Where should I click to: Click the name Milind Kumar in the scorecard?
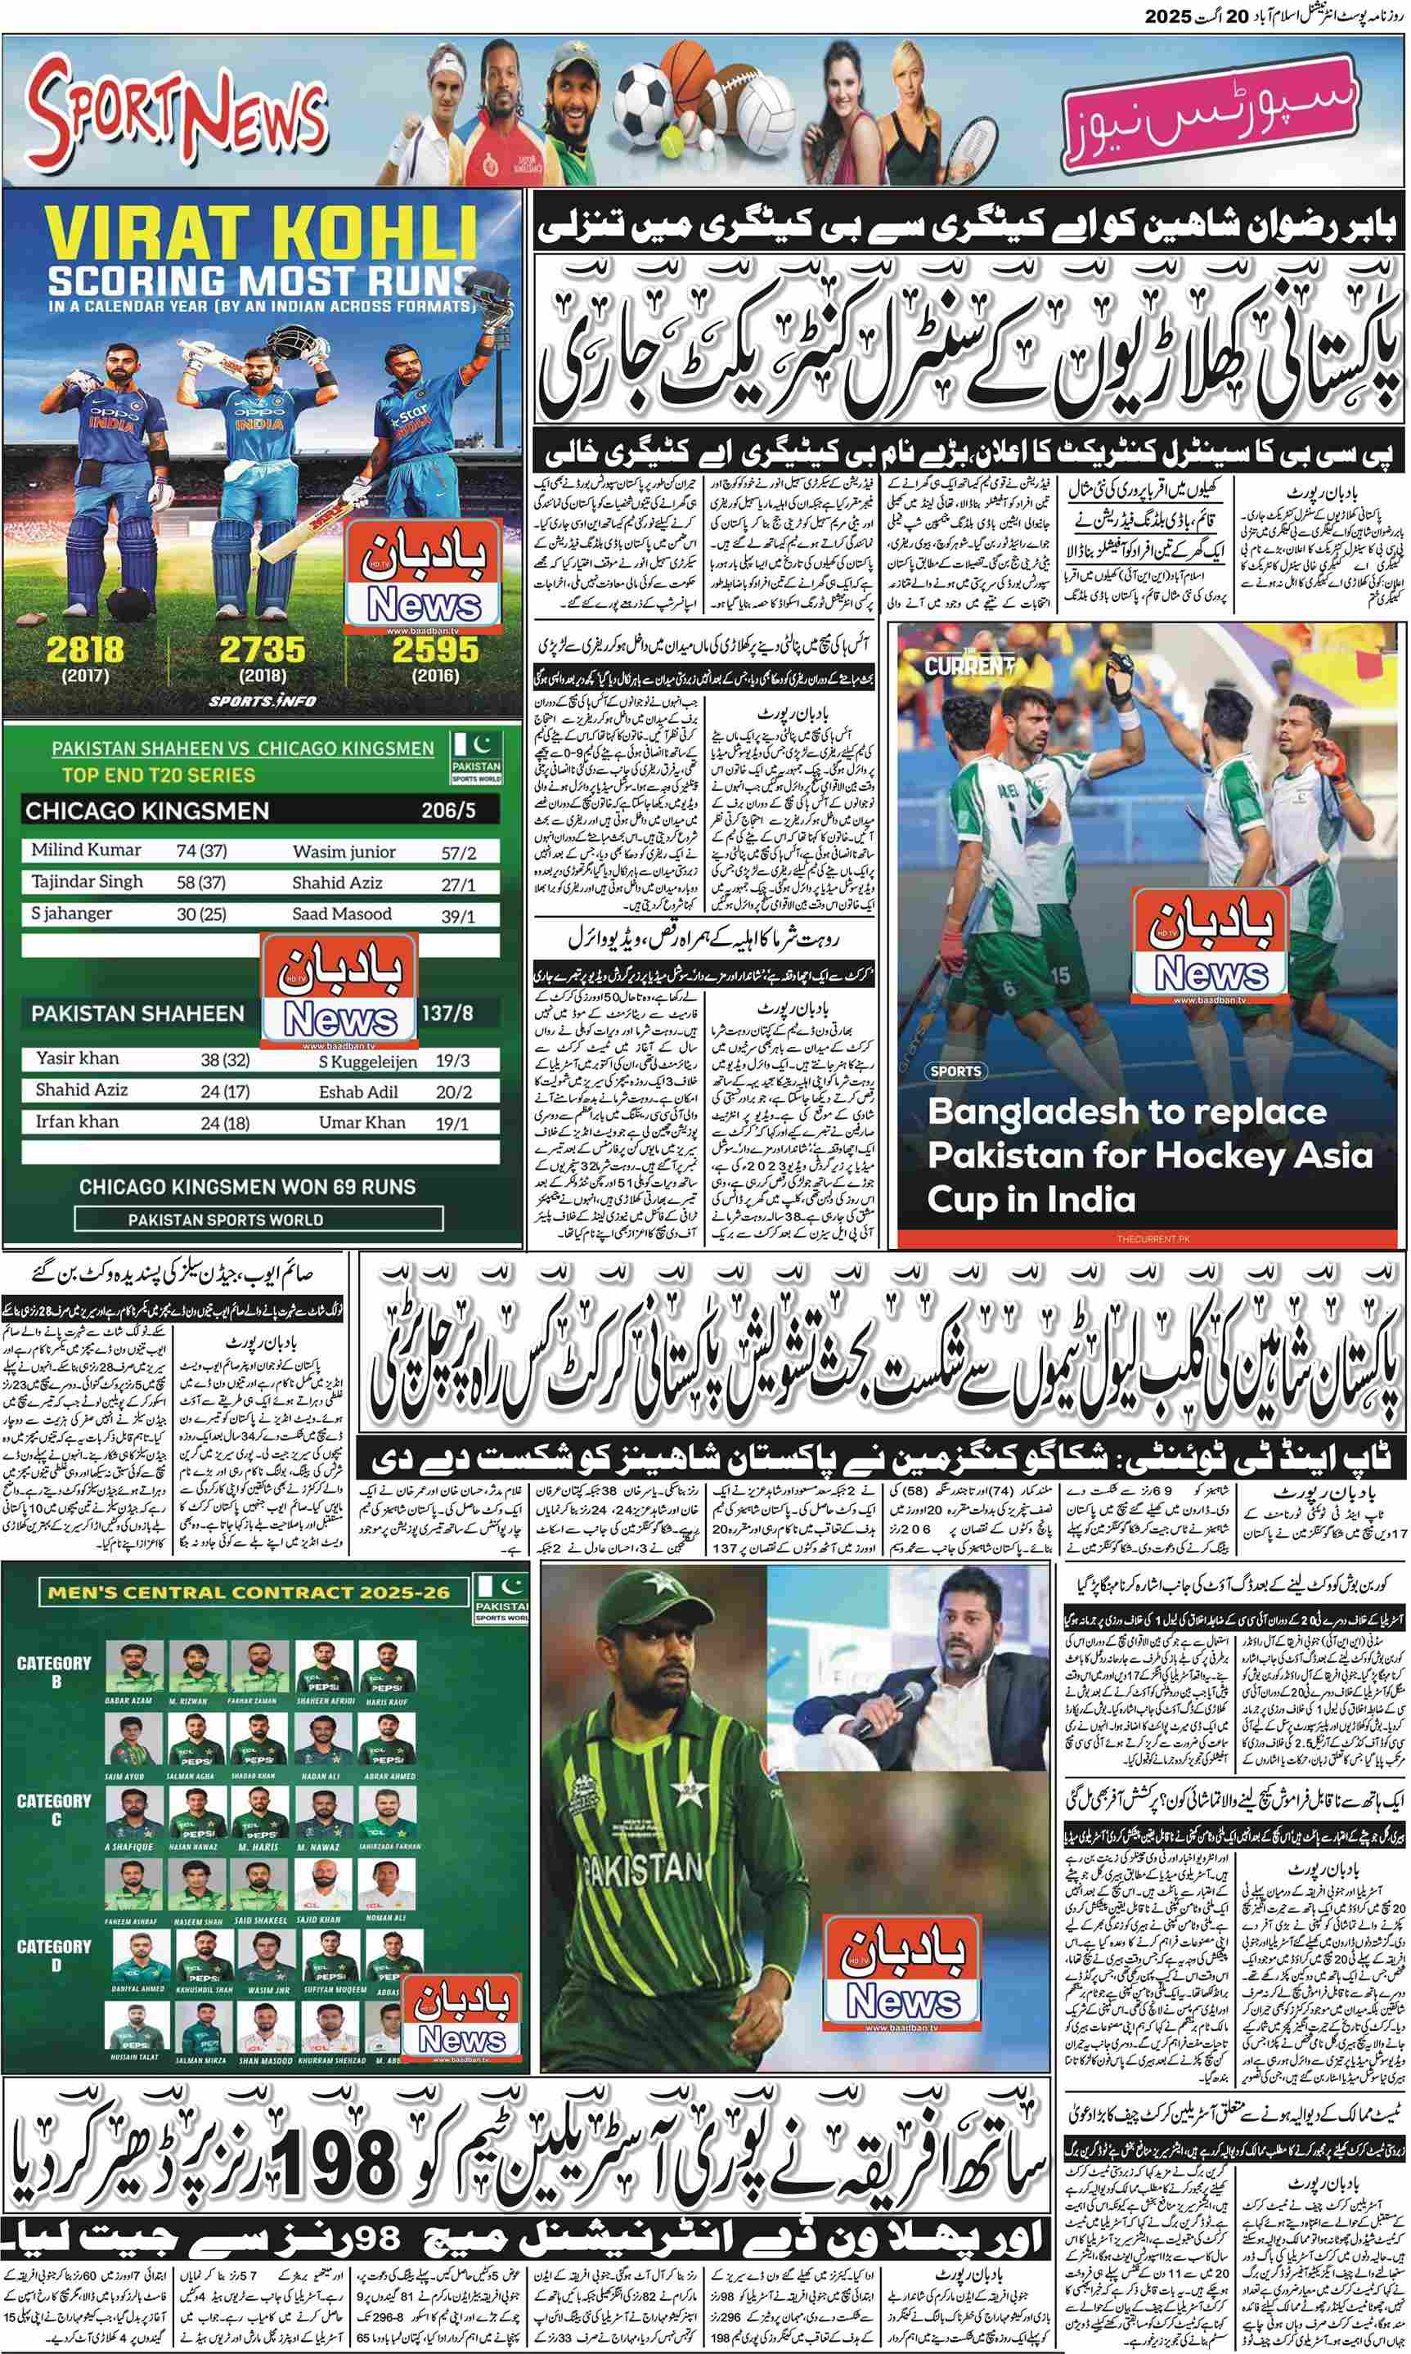[x=86, y=850]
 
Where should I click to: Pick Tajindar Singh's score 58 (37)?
[x=200, y=883]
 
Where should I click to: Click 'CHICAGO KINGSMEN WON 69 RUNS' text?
[x=247, y=1187]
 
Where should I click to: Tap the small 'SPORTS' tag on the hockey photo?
[x=955, y=1071]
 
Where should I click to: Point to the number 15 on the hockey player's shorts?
[x=1060, y=974]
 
